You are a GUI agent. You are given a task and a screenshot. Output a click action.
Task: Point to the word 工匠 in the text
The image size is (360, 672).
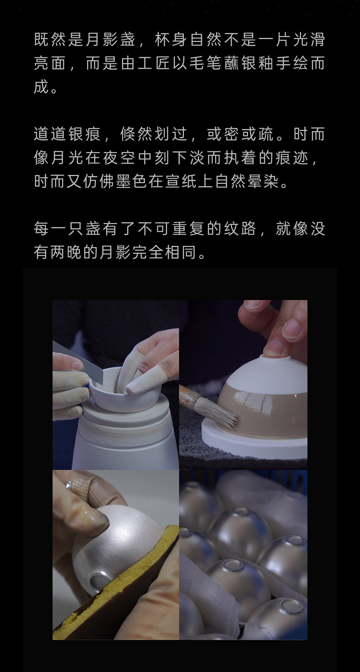coord(154,63)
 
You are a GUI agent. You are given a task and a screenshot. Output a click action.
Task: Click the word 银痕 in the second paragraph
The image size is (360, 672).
coord(85,134)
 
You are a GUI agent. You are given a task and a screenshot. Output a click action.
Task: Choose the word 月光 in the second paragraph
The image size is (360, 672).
coord(68,158)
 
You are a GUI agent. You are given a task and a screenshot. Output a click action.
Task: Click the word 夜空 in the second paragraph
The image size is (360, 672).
coord(119,158)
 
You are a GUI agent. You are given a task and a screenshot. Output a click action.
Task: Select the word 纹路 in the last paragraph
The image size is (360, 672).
coord(240,229)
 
